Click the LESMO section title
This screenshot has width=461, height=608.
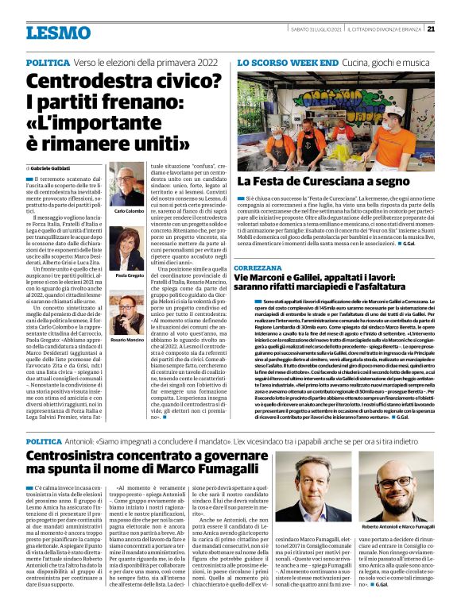[x=58, y=33]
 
